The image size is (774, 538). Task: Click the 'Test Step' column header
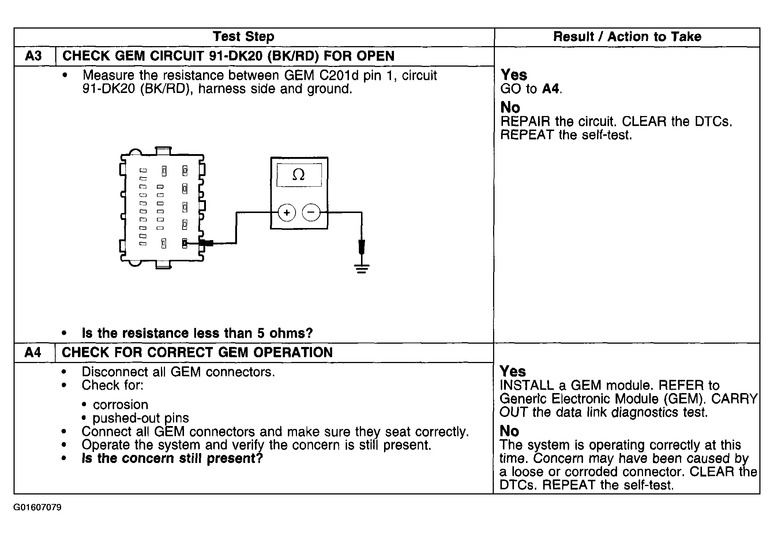tap(243, 37)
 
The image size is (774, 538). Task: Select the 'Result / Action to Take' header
tap(627, 37)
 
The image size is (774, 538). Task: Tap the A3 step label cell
tap(34, 56)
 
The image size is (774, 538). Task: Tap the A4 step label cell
tap(33, 352)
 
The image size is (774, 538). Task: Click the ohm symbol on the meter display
tap(299, 175)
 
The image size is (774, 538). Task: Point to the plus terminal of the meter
tap(287, 213)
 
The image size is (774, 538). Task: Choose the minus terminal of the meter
tap(311, 213)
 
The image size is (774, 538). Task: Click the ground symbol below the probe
tap(362, 269)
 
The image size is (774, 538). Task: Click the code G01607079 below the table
tap(37, 508)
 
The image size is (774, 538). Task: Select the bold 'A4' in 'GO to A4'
tap(551, 89)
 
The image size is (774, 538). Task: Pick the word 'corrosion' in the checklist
tap(120, 404)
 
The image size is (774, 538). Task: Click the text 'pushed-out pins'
tap(141, 418)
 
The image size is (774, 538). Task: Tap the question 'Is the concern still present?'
tap(172, 458)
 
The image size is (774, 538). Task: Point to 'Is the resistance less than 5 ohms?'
tap(197, 333)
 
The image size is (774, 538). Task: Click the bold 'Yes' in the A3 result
tap(514, 75)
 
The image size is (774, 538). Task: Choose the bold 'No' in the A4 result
tap(509, 431)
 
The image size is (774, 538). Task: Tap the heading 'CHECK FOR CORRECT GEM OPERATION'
tap(197, 352)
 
